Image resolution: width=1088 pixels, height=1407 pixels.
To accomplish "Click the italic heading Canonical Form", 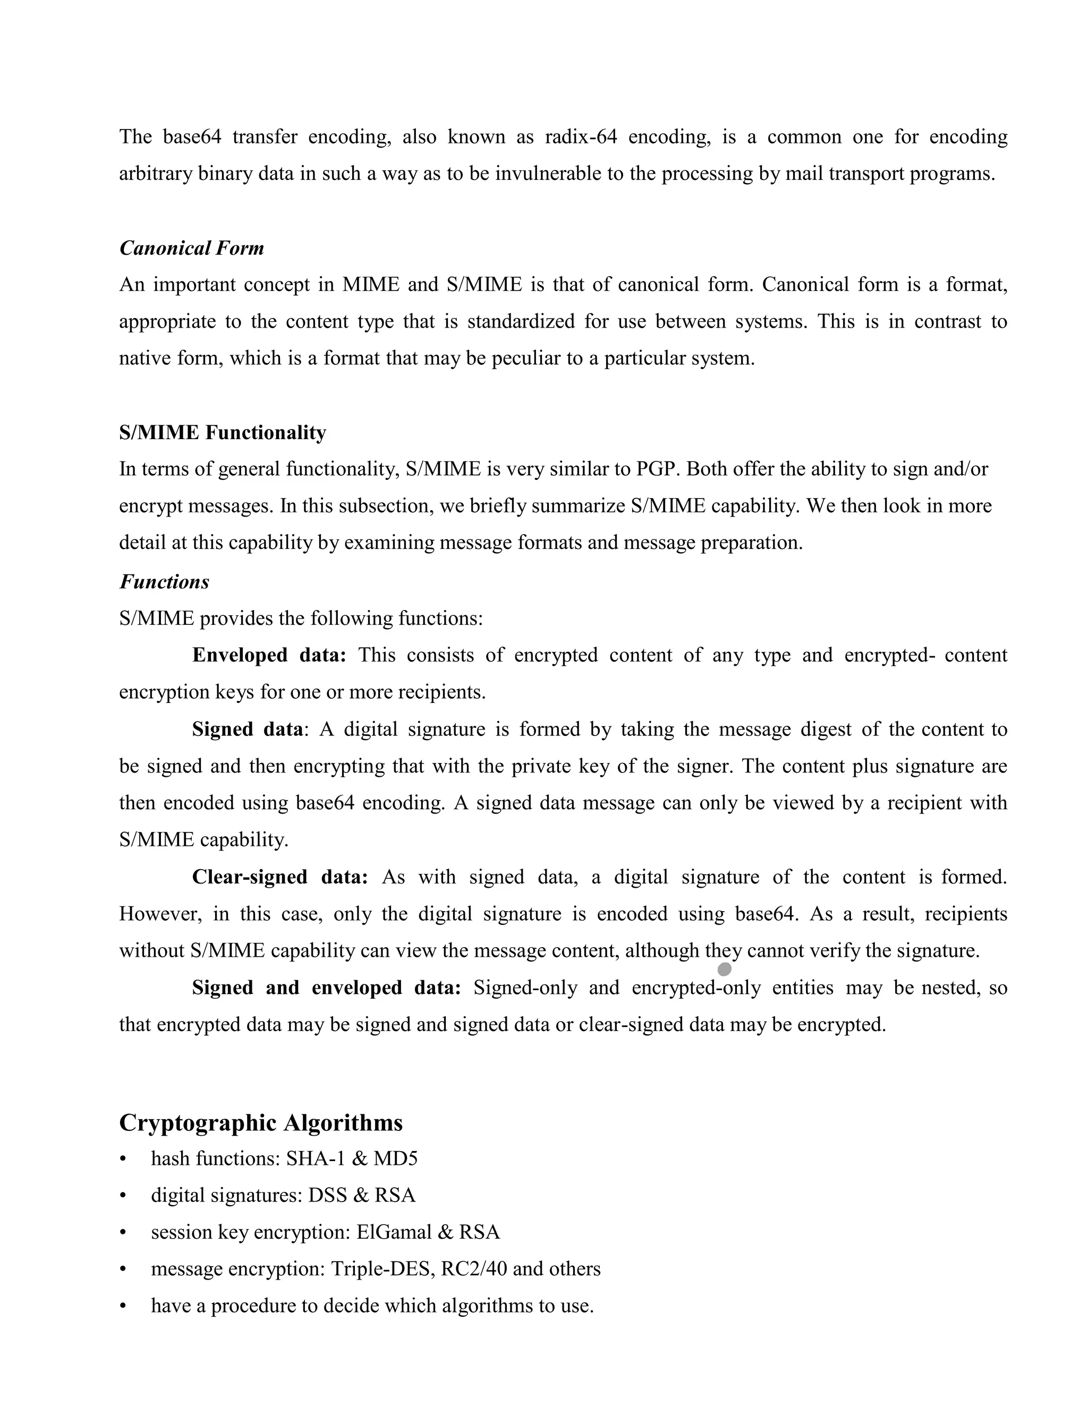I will tap(191, 248).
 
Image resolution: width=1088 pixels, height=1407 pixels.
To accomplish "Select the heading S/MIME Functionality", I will tap(223, 432).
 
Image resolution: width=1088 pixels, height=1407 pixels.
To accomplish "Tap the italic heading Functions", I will tap(164, 582).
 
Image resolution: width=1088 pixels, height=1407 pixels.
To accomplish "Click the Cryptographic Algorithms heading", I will tap(260, 1122).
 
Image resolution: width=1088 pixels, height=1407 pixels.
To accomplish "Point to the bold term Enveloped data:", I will tap(269, 655).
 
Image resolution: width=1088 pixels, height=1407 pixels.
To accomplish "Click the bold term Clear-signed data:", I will tap(280, 877).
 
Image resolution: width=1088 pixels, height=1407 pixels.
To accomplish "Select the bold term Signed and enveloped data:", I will tap(326, 988).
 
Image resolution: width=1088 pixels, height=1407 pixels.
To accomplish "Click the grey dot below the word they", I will tap(725, 969).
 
